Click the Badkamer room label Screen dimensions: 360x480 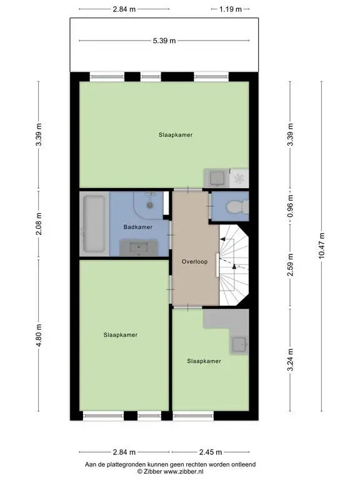(x=137, y=227)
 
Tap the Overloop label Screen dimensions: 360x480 (x=194, y=261)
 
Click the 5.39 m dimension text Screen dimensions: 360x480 (x=164, y=41)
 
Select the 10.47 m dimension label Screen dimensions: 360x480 (x=321, y=246)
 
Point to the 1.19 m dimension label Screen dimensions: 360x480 (x=231, y=9)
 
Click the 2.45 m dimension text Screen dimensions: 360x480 (x=211, y=452)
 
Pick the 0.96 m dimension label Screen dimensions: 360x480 (x=290, y=206)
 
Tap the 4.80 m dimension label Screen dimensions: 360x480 (x=39, y=336)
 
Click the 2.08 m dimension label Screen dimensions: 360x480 (x=39, y=224)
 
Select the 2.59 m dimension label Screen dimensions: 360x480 (x=290, y=265)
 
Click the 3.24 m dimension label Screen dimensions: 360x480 (x=290, y=360)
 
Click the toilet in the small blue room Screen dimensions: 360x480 (x=237, y=206)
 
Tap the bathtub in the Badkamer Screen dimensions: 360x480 (x=94, y=224)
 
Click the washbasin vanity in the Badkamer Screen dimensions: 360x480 (x=139, y=247)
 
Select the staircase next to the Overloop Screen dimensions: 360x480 (x=234, y=266)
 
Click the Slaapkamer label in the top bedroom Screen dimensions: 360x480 (x=176, y=135)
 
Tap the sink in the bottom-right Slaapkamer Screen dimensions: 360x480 (x=240, y=345)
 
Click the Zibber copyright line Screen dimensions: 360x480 (x=170, y=472)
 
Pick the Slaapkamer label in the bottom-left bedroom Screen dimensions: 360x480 (x=120, y=335)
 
